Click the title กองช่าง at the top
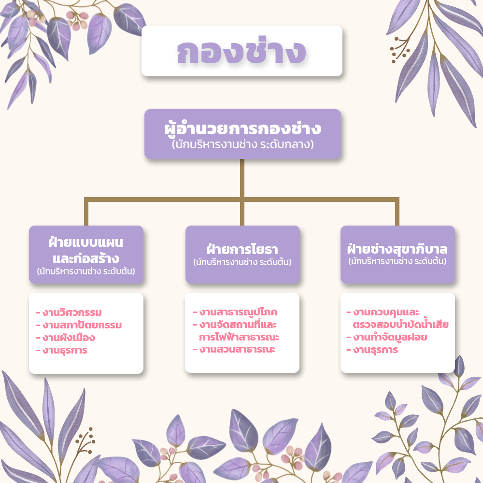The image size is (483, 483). (x=241, y=51)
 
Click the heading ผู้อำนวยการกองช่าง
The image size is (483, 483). (x=243, y=128)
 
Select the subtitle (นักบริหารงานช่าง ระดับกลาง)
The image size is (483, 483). (x=243, y=144)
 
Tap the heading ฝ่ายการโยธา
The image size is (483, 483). (x=242, y=249)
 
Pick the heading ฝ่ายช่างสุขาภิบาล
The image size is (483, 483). (x=398, y=249)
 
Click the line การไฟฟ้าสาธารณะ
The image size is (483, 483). (x=239, y=337)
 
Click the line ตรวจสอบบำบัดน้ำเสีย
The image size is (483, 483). (x=400, y=325)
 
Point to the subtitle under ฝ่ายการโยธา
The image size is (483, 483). (x=242, y=262)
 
